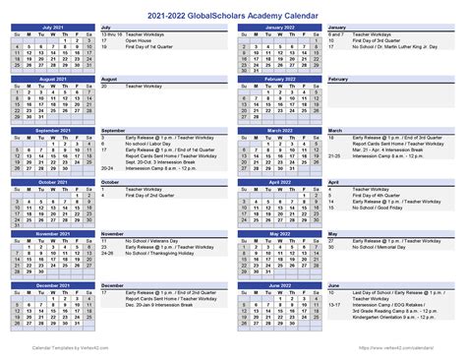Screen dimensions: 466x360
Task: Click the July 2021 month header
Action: click(x=51, y=27)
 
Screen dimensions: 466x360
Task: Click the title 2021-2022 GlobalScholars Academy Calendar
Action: click(x=232, y=13)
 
